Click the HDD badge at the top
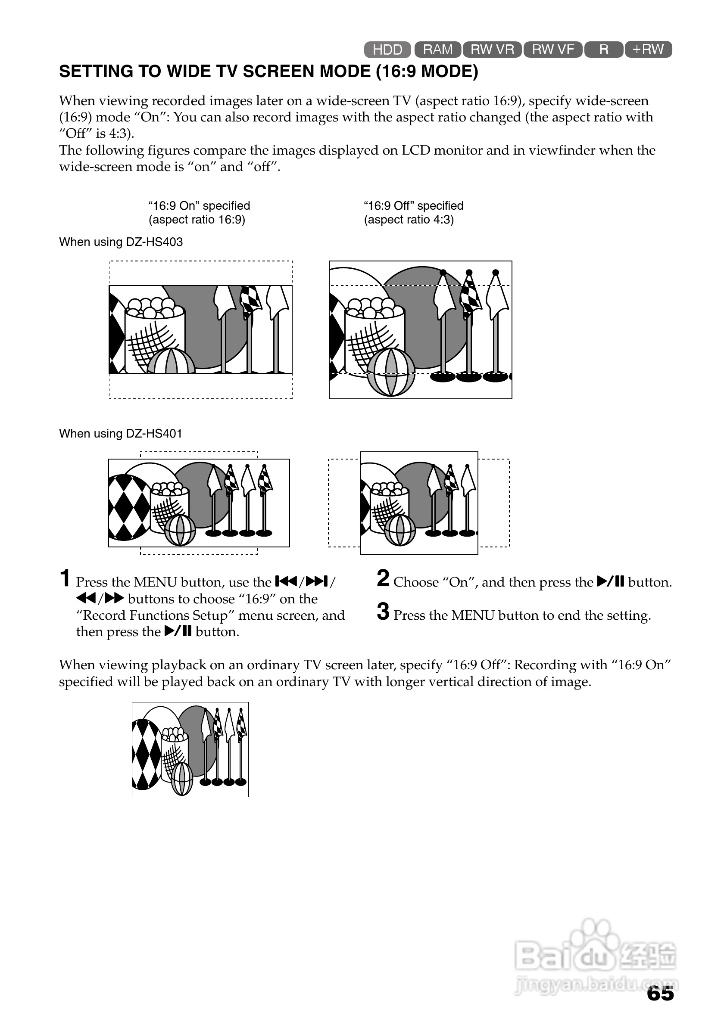[387, 50]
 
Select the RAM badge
[438, 49]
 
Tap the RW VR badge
[492, 49]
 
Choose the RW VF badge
[553, 49]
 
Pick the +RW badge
[648, 49]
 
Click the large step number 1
[65, 578]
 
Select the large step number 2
[383, 578]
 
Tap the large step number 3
[383, 612]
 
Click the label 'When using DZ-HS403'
[121, 242]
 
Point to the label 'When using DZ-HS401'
[121, 434]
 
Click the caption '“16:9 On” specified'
[199, 206]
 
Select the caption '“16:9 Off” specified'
[414, 206]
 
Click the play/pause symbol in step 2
[610, 582]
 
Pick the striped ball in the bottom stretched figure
[182, 779]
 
